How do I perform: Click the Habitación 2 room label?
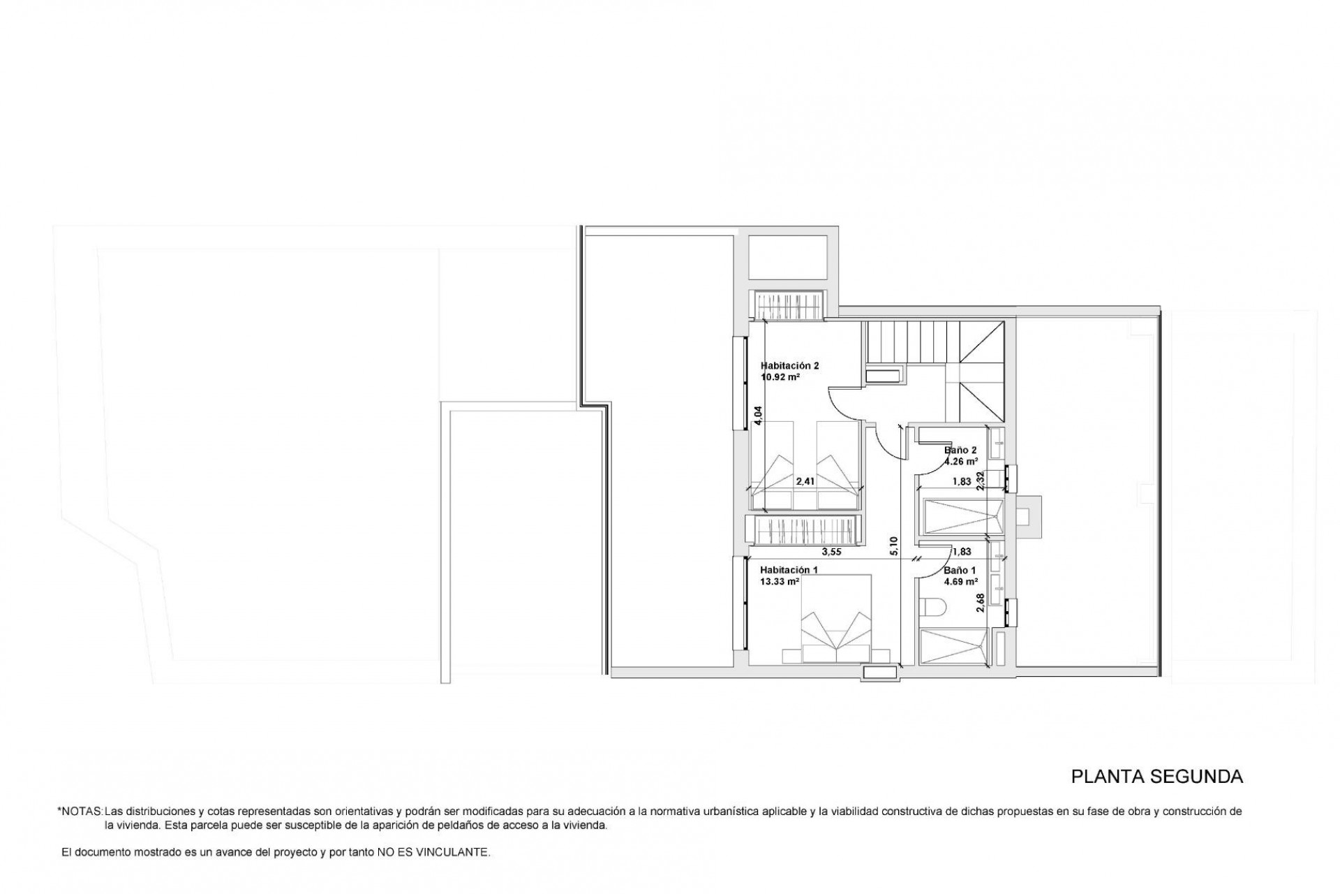coord(789,365)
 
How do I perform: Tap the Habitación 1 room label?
coord(789,569)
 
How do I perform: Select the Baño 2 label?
coord(960,450)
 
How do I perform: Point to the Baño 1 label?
coord(960,570)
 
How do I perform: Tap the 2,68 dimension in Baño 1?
coord(981,603)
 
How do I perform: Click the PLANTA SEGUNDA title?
coord(1157,777)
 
